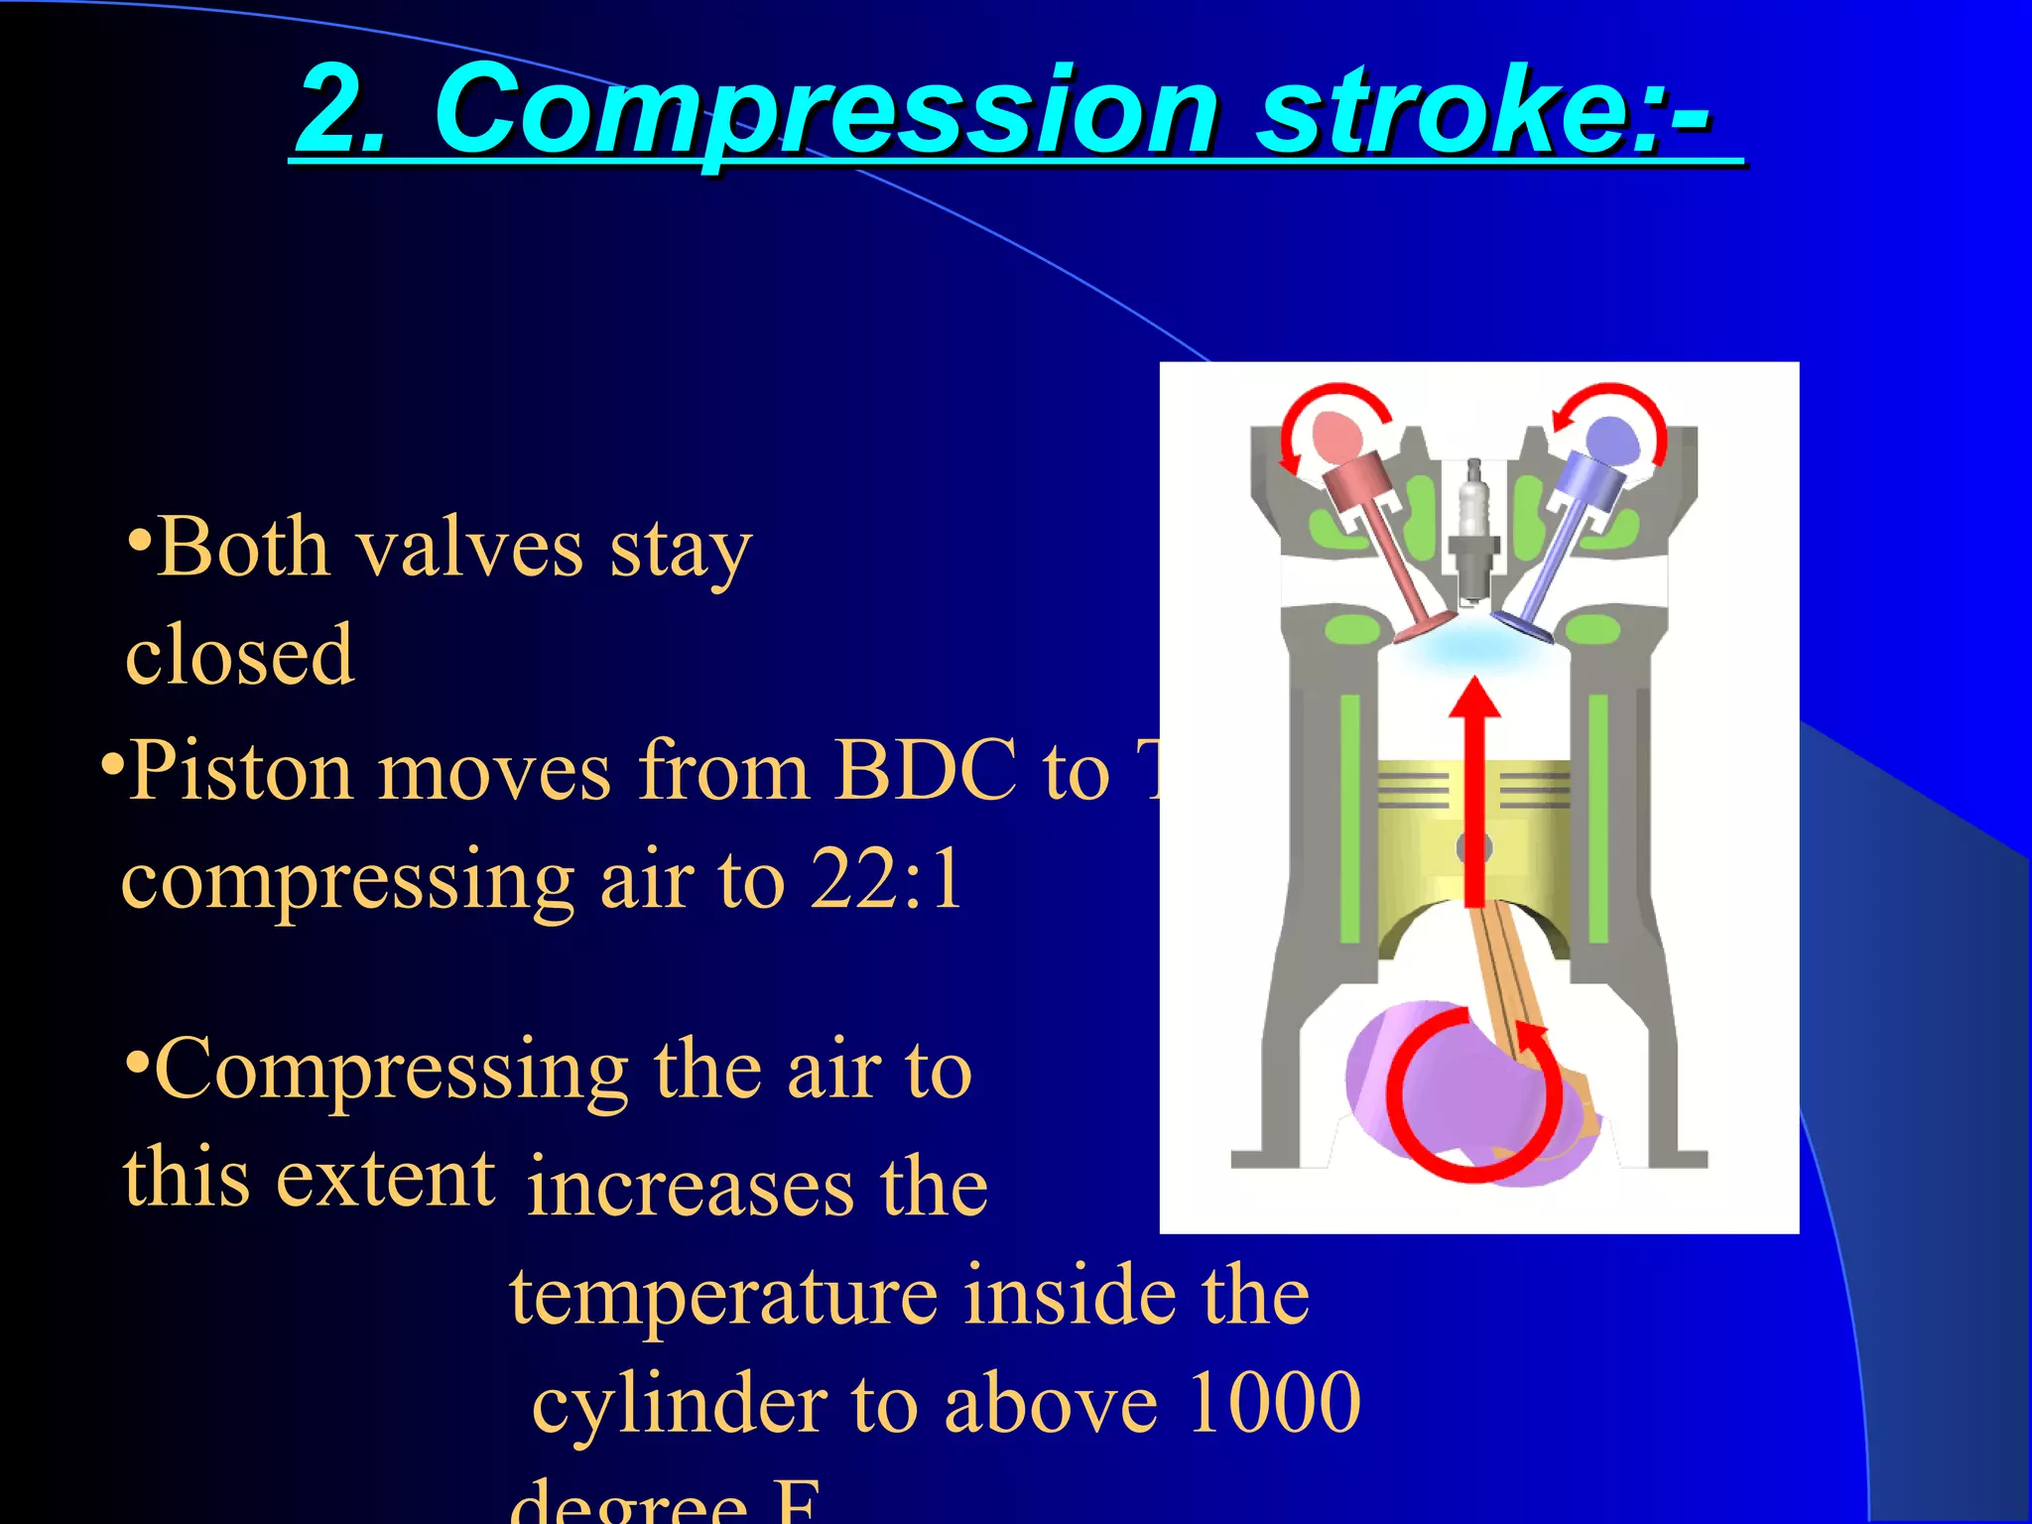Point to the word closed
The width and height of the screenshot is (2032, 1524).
(239, 655)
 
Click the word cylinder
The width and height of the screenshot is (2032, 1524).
(680, 1404)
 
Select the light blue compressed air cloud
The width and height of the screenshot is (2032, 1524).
(1473, 650)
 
